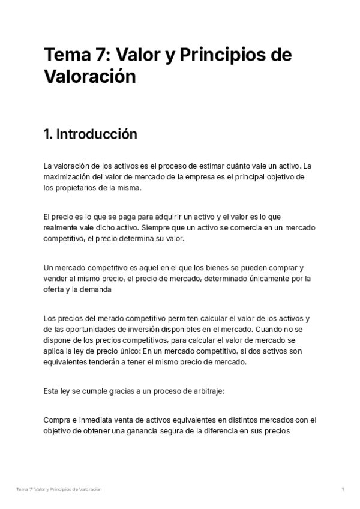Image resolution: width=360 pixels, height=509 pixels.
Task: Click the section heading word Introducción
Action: coord(96,134)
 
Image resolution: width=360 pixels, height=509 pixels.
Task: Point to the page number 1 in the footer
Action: coord(343,490)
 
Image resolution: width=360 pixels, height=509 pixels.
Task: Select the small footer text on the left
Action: coord(59,490)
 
